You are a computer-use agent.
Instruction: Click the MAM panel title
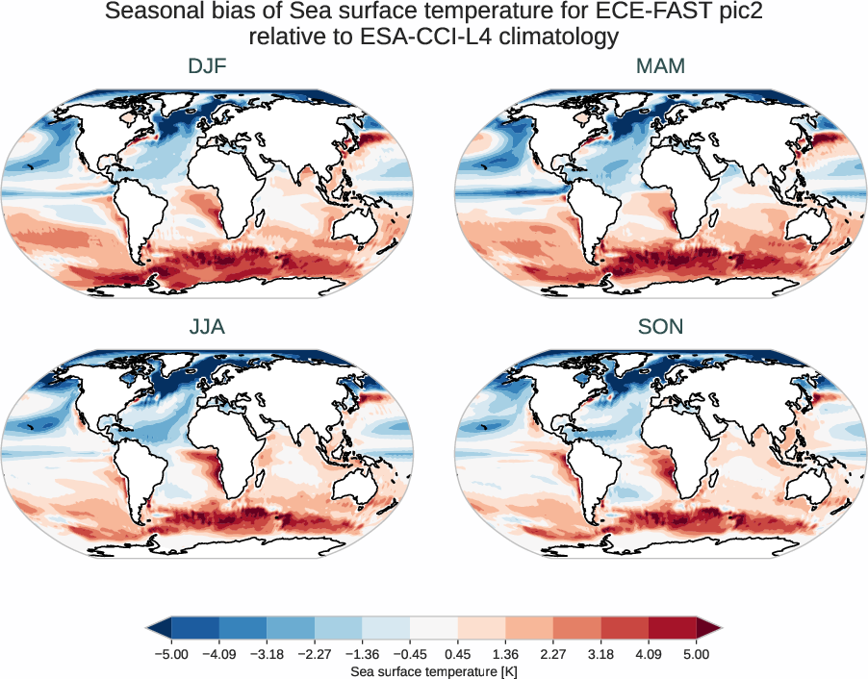coord(660,67)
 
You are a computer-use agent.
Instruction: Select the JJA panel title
coord(207,327)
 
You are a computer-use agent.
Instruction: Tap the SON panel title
coord(660,327)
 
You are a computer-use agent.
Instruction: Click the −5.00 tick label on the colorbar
coord(171,654)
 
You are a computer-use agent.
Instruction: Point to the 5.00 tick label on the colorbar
coord(697,654)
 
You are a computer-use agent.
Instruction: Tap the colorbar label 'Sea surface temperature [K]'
coord(434,669)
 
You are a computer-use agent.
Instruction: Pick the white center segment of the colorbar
coord(434,628)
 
